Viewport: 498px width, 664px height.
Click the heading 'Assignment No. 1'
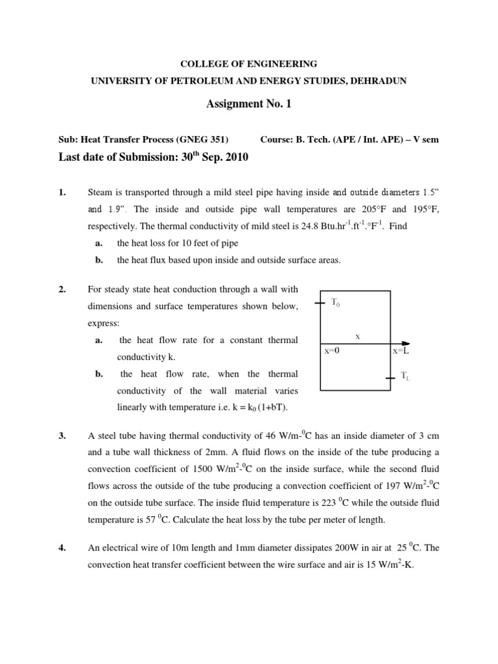248,104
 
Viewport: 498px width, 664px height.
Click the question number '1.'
62,193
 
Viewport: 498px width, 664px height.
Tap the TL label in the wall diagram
405,375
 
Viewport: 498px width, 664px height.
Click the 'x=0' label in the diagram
332,350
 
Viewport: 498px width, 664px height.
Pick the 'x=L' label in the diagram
400,350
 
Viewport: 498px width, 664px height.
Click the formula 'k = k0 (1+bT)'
256,407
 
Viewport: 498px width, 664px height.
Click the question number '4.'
62,548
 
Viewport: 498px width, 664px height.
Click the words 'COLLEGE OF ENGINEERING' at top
248,64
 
